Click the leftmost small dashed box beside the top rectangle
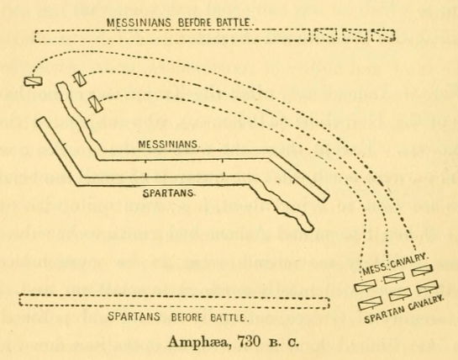(326, 35)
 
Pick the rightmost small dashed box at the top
(383, 35)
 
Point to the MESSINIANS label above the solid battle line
(169, 144)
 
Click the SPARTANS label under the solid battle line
(169, 193)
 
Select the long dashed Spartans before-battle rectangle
(175, 301)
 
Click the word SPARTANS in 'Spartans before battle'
(134, 316)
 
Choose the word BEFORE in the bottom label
(187, 317)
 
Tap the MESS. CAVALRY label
(395, 264)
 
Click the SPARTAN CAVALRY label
(404, 309)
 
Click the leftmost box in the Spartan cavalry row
(371, 303)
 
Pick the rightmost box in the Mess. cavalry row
(422, 271)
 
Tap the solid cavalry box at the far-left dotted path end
(33, 82)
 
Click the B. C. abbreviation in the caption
(284, 342)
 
